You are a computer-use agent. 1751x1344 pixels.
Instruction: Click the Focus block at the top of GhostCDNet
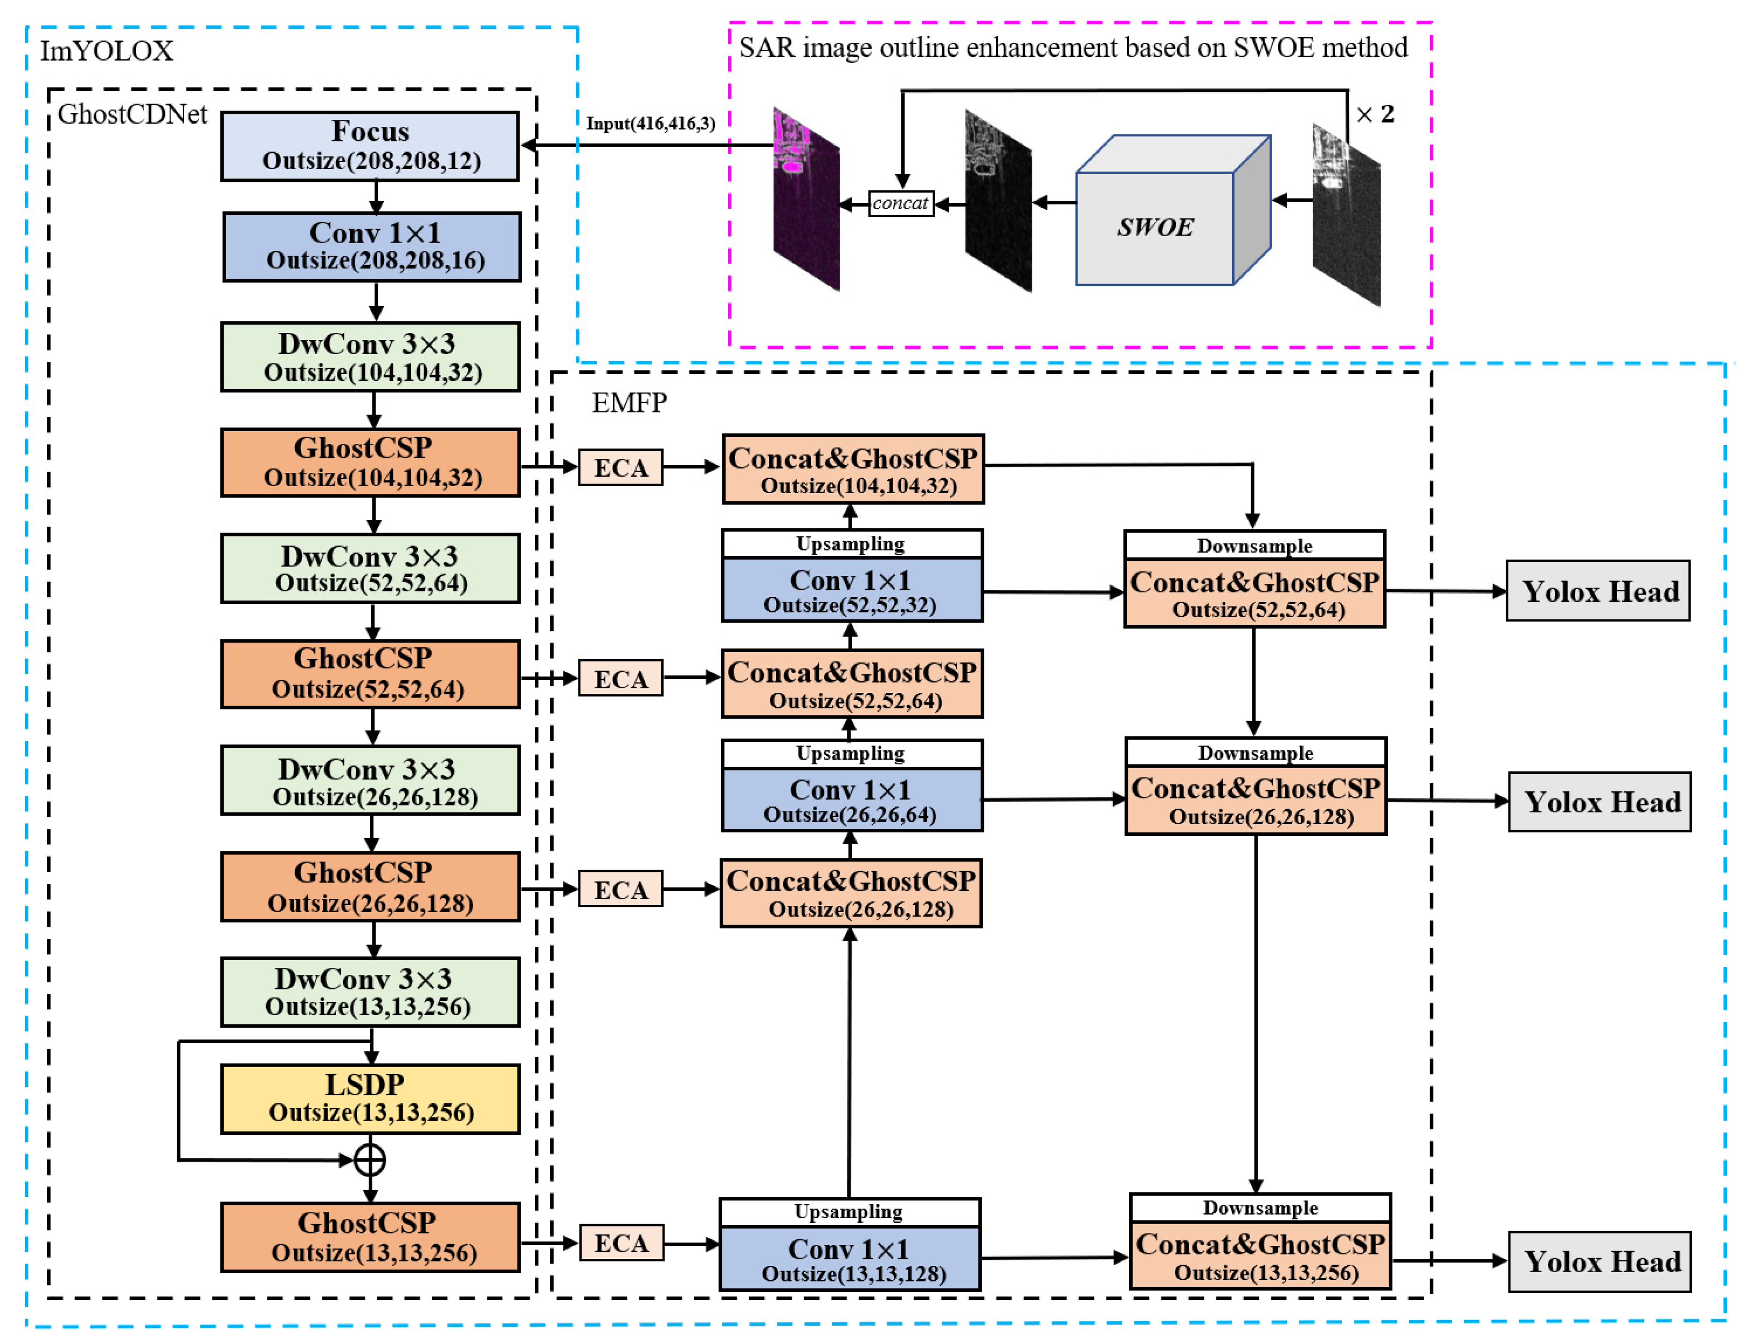369,146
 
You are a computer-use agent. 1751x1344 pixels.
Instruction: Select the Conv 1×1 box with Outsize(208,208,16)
372,246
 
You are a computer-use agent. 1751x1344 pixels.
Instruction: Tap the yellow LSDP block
369,1099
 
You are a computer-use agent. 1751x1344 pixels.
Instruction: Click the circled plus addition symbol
369,1160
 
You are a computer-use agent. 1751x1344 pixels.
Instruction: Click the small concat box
900,203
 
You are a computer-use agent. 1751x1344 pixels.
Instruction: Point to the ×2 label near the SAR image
1375,114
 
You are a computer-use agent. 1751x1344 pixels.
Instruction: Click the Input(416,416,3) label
650,123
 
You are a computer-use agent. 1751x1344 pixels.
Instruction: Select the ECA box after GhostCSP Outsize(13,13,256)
621,1243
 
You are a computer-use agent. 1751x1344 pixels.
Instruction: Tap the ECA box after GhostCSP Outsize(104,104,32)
620,467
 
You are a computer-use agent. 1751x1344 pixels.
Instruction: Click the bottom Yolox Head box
1599,1262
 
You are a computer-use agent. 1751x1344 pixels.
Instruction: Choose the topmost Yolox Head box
1597,591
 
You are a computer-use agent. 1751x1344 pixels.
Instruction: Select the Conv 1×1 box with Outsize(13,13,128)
849,1258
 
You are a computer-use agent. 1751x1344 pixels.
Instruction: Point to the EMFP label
628,402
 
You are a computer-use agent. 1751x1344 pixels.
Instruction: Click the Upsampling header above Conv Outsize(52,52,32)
851,544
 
